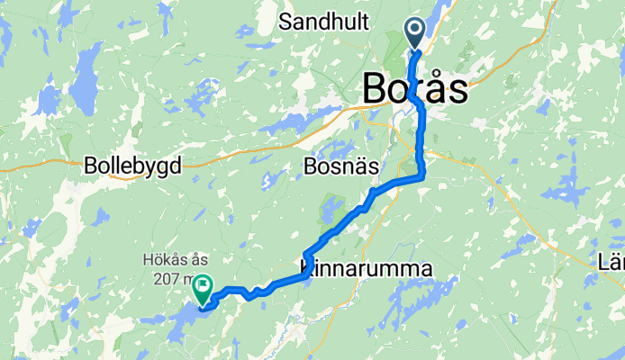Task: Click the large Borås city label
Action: coord(415,90)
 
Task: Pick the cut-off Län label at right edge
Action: coord(611,263)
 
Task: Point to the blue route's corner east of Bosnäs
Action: coord(421,177)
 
